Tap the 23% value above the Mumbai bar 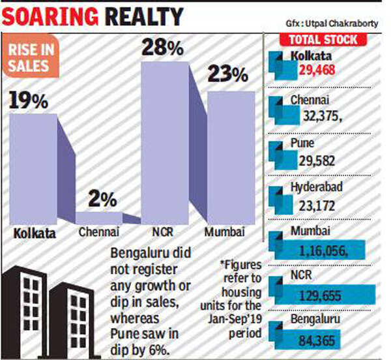(227, 75)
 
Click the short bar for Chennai (99, 218)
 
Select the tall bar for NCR (165, 143)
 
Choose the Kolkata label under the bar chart (33, 232)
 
